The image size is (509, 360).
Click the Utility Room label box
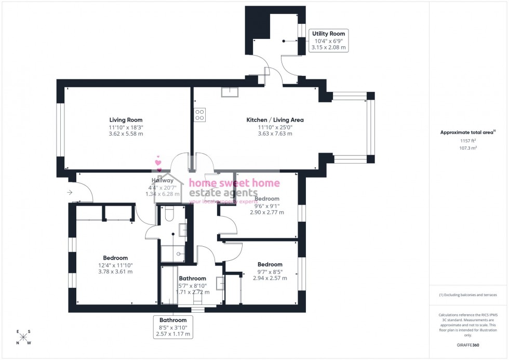click(328, 41)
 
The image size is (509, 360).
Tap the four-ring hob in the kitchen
click(199, 115)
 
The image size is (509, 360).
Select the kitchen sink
click(229, 92)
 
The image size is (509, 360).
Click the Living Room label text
click(126, 120)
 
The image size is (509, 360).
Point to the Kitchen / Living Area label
click(275, 120)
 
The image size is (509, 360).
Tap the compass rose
click(23, 337)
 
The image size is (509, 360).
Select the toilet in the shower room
click(168, 213)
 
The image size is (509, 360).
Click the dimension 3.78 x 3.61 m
click(115, 272)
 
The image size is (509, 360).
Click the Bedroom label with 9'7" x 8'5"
click(270, 264)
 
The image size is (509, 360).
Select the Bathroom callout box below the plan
click(173, 327)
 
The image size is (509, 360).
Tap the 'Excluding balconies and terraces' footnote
click(468, 295)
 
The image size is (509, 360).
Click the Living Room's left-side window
click(60, 128)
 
